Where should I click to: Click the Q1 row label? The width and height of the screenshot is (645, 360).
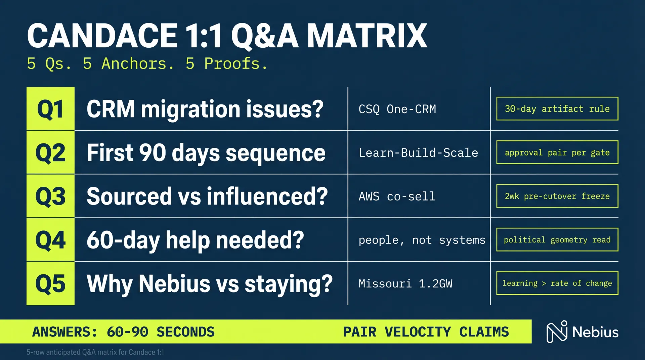(x=50, y=109)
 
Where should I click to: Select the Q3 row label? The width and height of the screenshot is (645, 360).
(x=50, y=196)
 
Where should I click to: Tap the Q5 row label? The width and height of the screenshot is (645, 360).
(x=50, y=283)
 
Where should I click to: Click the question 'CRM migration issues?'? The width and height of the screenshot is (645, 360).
(x=205, y=109)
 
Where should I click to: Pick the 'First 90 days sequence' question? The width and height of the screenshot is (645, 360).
(x=206, y=153)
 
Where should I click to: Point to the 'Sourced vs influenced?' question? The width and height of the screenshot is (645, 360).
(x=207, y=196)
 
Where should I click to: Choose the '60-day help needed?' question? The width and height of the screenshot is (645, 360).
(x=195, y=240)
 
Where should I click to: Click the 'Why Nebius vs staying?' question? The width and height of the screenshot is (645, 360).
(x=210, y=284)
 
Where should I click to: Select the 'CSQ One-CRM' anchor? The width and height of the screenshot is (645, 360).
(x=397, y=109)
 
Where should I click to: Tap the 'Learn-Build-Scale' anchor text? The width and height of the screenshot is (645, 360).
(x=418, y=153)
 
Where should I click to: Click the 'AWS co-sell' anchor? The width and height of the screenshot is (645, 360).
(x=397, y=196)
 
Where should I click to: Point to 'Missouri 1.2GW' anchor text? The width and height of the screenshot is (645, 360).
(x=405, y=284)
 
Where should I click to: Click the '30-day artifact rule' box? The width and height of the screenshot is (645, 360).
(x=557, y=109)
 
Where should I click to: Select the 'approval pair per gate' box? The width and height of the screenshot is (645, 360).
(x=557, y=152)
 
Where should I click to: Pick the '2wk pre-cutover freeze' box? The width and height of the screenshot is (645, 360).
(x=557, y=196)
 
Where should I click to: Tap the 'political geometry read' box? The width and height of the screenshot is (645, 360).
(x=557, y=240)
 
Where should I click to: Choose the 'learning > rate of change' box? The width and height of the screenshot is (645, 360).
(x=557, y=283)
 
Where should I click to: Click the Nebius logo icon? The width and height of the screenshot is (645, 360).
(x=557, y=332)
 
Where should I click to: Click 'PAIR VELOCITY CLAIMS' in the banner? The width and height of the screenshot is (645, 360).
(x=426, y=332)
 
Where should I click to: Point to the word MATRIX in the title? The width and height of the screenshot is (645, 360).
(x=367, y=36)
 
